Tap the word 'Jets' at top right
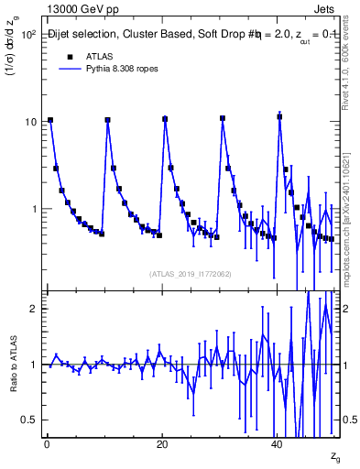325,7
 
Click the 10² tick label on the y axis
28,34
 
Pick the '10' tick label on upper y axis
30,121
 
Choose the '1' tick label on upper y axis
33,209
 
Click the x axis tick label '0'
46,444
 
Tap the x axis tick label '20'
161,444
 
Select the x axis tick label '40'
277,444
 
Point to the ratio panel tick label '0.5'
28,420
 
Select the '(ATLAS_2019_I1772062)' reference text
190,273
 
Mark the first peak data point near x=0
50,120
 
